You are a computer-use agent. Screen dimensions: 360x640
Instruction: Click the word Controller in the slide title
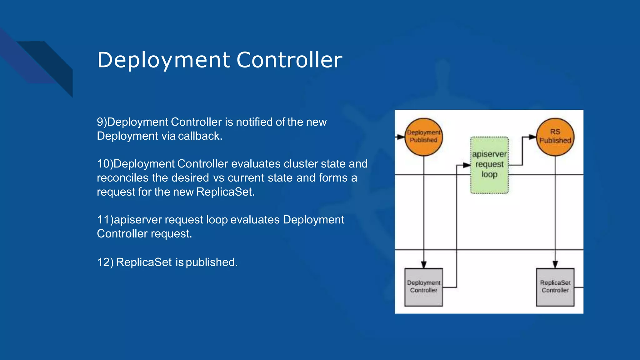(x=289, y=60)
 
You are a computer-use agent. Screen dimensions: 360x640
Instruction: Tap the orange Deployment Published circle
(x=423, y=137)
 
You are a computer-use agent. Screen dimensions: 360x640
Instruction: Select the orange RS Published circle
(x=555, y=137)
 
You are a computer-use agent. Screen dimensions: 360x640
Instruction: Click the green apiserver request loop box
(x=489, y=165)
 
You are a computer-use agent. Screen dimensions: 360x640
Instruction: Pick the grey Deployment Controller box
(x=423, y=287)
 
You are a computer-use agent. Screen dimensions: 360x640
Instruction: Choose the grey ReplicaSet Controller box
(x=555, y=287)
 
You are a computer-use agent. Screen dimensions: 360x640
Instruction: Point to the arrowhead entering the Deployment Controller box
(x=423, y=265)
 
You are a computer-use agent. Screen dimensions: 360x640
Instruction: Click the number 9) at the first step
(x=102, y=122)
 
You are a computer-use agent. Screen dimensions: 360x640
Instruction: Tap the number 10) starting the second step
(x=105, y=164)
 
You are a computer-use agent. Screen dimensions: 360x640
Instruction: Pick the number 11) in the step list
(x=105, y=220)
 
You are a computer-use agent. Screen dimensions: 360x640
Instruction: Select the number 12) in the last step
(x=105, y=262)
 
